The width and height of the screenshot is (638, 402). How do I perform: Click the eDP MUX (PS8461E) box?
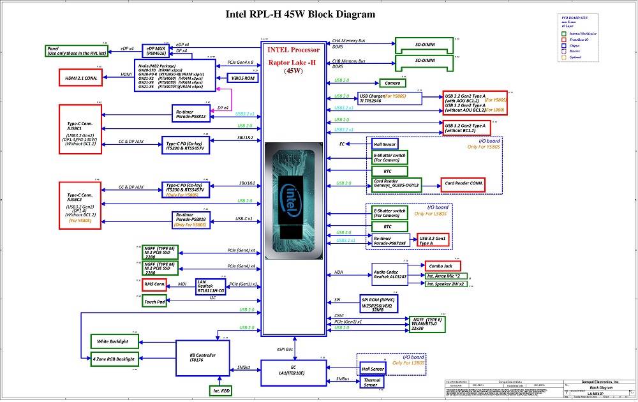[x=156, y=51]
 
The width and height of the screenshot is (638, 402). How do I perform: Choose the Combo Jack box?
[x=445, y=265]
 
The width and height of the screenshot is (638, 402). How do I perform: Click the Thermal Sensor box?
[x=372, y=382]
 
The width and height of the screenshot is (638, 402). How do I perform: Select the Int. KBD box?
[x=220, y=390]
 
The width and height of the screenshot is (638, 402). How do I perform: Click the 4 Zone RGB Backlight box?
[x=114, y=359]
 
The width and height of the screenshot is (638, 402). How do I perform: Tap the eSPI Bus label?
[x=285, y=350]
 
